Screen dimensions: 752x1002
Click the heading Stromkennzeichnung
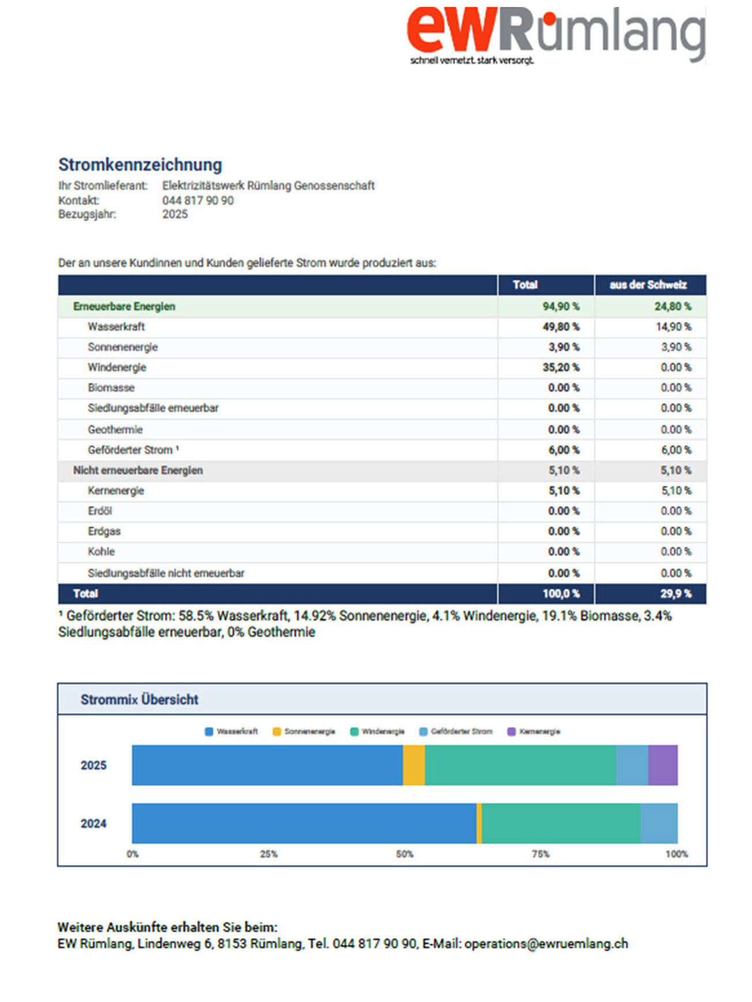point(140,165)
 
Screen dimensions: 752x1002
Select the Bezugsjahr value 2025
point(175,214)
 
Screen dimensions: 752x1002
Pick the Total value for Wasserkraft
point(561,327)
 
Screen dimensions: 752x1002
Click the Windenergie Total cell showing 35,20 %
point(561,367)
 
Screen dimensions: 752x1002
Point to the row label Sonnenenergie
point(123,347)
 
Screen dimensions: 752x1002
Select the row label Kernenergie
point(116,491)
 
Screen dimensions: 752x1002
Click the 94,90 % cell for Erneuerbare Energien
point(561,306)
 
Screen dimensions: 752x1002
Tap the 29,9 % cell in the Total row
point(676,594)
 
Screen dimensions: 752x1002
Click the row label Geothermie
point(115,430)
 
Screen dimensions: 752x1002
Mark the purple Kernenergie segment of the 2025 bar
point(663,765)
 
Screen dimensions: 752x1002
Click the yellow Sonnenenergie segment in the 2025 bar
point(414,765)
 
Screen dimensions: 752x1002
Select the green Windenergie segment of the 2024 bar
point(561,823)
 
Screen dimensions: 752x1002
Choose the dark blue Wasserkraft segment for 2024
point(304,823)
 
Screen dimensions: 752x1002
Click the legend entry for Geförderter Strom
point(456,731)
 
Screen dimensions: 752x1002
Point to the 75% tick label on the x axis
point(541,854)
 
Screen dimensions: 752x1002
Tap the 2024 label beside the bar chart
point(93,823)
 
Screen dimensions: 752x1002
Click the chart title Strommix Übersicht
point(139,700)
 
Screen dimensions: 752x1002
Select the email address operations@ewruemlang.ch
point(546,944)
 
